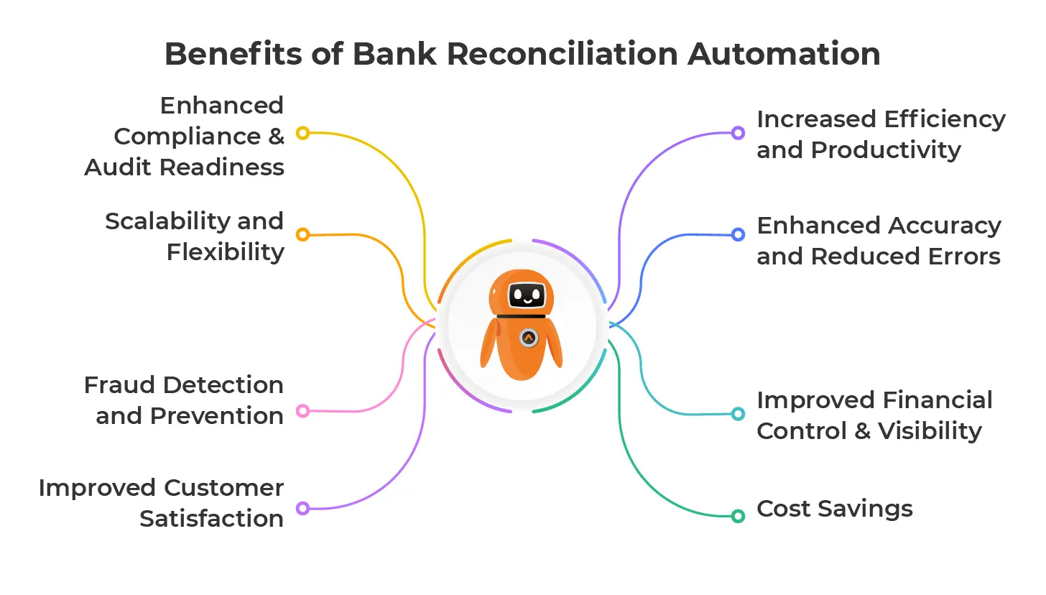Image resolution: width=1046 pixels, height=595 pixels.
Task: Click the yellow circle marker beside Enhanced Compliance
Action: click(x=302, y=133)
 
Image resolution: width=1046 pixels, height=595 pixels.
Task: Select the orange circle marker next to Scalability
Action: click(x=302, y=234)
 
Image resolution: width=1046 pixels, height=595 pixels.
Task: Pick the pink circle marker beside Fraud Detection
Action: click(x=302, y=411)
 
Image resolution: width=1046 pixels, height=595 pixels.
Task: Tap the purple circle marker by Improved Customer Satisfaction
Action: click(x=302, y=508)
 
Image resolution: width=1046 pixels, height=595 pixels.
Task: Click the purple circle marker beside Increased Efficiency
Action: click(x=738, y=133)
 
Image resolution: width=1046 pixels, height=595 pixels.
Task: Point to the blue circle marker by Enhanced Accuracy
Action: click(x=738, y=234)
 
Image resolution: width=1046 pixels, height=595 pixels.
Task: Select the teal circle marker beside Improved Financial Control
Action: click(x=738, y=414)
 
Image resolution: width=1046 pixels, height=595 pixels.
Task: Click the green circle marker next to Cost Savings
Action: click(x=738, y=516)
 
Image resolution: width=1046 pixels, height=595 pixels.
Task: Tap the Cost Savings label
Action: click(x=835, y=509)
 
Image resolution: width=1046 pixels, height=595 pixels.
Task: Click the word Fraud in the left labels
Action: click(x=119, y=385)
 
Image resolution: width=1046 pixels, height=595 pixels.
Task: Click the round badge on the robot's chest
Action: click(x=529, y=338)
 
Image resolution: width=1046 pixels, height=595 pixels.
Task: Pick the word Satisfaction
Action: click(x=211, y=519)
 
